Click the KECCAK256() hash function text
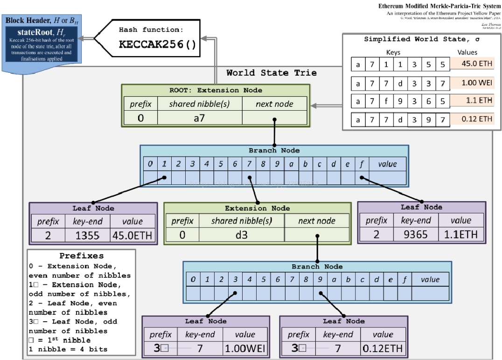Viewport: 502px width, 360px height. pyautogui.click(x=158, y=44)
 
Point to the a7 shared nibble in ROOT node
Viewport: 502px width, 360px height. pyautogui.click(x=200, y=118)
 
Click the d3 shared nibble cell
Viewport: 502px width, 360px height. pyautogui.click(x=241, y=235)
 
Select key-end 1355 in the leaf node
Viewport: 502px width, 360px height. pyautogui.click(x=87, y=235)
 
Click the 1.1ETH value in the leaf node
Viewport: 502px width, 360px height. pyautogui.click(x=461, y=234)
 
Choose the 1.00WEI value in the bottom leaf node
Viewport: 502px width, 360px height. pyautogui.click(x=245, y=348)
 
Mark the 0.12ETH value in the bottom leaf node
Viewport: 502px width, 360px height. pyautogui.click(x=383, y=348)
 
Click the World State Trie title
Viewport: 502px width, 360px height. pyautogui.click(x=272, y=73)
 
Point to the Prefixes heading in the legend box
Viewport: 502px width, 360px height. pyautogui.click(x=82, y=256)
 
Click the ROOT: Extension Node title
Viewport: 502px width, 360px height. pyautogui.click(x=216, y=90)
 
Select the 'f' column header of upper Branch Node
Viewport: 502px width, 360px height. pyautogui.click(x=362, y=164)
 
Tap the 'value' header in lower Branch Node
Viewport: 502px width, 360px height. pyautogui.click(x=430, y=280)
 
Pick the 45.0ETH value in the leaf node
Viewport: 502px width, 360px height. pyautogui.click(x=132, y=235)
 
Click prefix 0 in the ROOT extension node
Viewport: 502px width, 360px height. pyautogui.click(x=140, y=118)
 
